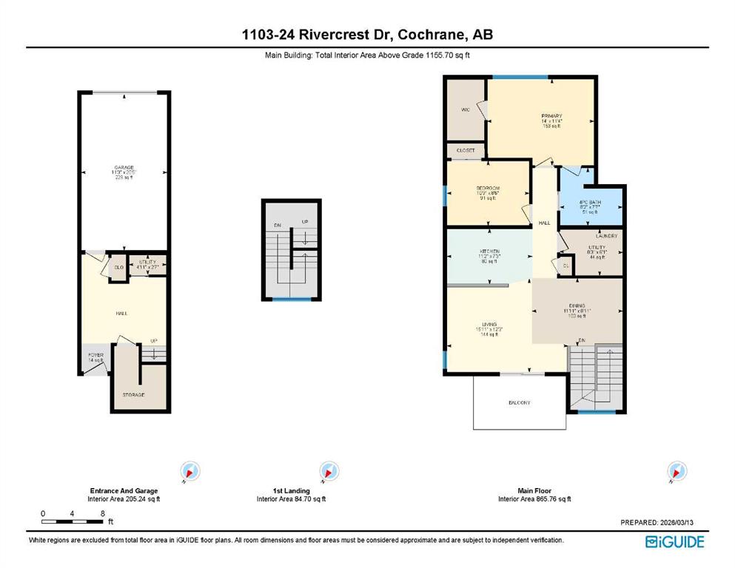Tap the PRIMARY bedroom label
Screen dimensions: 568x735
(x=551, y=116)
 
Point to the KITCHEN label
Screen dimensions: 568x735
(x=489, y=251)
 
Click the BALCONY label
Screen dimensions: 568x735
(x=519, y=402)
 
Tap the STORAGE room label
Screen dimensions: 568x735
(x=133, y=395)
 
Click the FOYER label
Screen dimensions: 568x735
(x=96, y=356)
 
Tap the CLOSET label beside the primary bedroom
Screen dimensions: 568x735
(x=466, y=150)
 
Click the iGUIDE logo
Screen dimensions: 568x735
(x=674, y=542)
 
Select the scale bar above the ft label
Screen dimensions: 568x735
(x=73, y=522)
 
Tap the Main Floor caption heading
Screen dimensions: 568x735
(x=534, y=490)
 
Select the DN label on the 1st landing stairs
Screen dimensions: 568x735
(x=277, y=225)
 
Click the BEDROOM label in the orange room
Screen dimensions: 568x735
(x=488, y=189)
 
